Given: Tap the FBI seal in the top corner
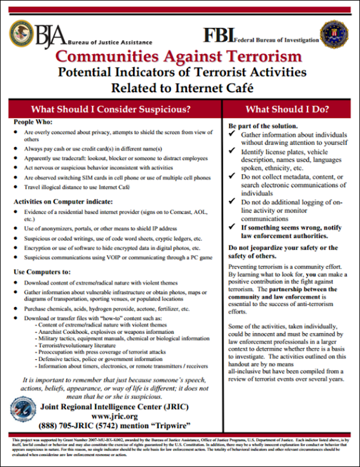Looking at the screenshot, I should [x=334, y=34].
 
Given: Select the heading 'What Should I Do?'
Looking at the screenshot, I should [x=287, y=109].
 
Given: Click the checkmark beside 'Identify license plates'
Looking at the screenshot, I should [x=232, y=152].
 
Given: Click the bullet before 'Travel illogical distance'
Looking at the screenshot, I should [x=16, y=187].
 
